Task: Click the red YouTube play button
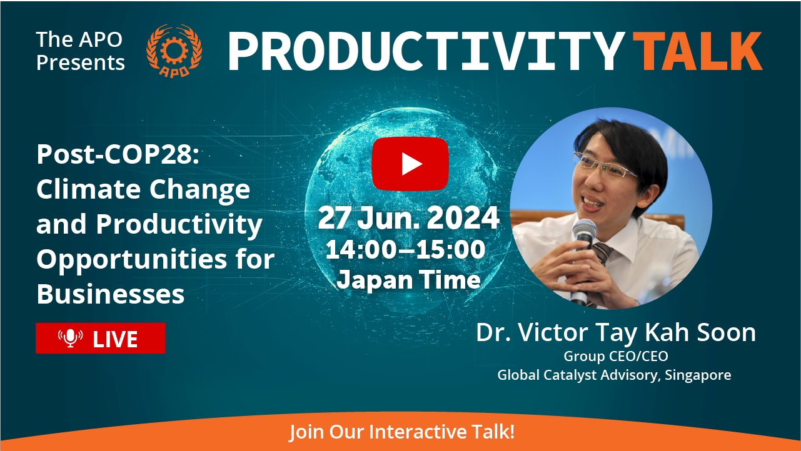(x=410, y=164)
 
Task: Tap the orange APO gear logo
(x=174, y=51)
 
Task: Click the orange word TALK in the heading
(x=698, y=51)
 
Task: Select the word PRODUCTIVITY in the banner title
(x=426, y=51)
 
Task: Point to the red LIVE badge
(x=101, y=338)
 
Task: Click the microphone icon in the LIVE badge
(x=71, y=338)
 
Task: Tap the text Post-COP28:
(x=118, y=155)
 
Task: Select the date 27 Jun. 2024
(x=409, y=218)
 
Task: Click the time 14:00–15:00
(x=406, y=249)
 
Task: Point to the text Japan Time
(x=408, y=280)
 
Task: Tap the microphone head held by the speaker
(x=584, y=230)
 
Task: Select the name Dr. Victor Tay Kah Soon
(x=616, y=332)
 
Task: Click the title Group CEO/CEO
(x=616, y=356)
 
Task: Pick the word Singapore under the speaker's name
(x=698, y=375)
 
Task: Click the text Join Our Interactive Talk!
(x=401, y=432)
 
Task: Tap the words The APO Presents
(x=81, y=51)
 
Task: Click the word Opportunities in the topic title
(x=131, y=260)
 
